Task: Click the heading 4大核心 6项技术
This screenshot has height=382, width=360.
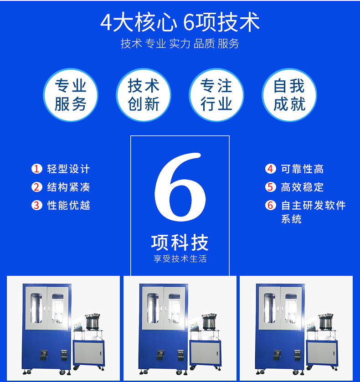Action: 180,22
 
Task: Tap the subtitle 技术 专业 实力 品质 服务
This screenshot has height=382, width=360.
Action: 180,44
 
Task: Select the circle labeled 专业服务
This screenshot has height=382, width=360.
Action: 71,95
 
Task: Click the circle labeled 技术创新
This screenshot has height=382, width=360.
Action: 144,95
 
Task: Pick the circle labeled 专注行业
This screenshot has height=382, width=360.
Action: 216,95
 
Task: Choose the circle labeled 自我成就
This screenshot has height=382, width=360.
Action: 289,95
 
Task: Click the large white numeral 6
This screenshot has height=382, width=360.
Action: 180,187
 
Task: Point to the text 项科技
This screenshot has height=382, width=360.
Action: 180,243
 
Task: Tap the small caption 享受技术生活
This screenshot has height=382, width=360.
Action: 180,259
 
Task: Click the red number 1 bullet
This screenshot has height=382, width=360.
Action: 37,169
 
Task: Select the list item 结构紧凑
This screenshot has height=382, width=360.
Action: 69,187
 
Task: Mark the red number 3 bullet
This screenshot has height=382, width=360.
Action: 37,205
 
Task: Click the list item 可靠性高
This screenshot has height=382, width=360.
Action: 302,169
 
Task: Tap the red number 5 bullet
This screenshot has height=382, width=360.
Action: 270,187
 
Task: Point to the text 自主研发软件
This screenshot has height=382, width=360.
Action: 314,205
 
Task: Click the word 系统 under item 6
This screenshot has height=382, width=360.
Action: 292,219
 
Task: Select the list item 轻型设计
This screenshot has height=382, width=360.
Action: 69,169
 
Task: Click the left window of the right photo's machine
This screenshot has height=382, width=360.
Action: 269,308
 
